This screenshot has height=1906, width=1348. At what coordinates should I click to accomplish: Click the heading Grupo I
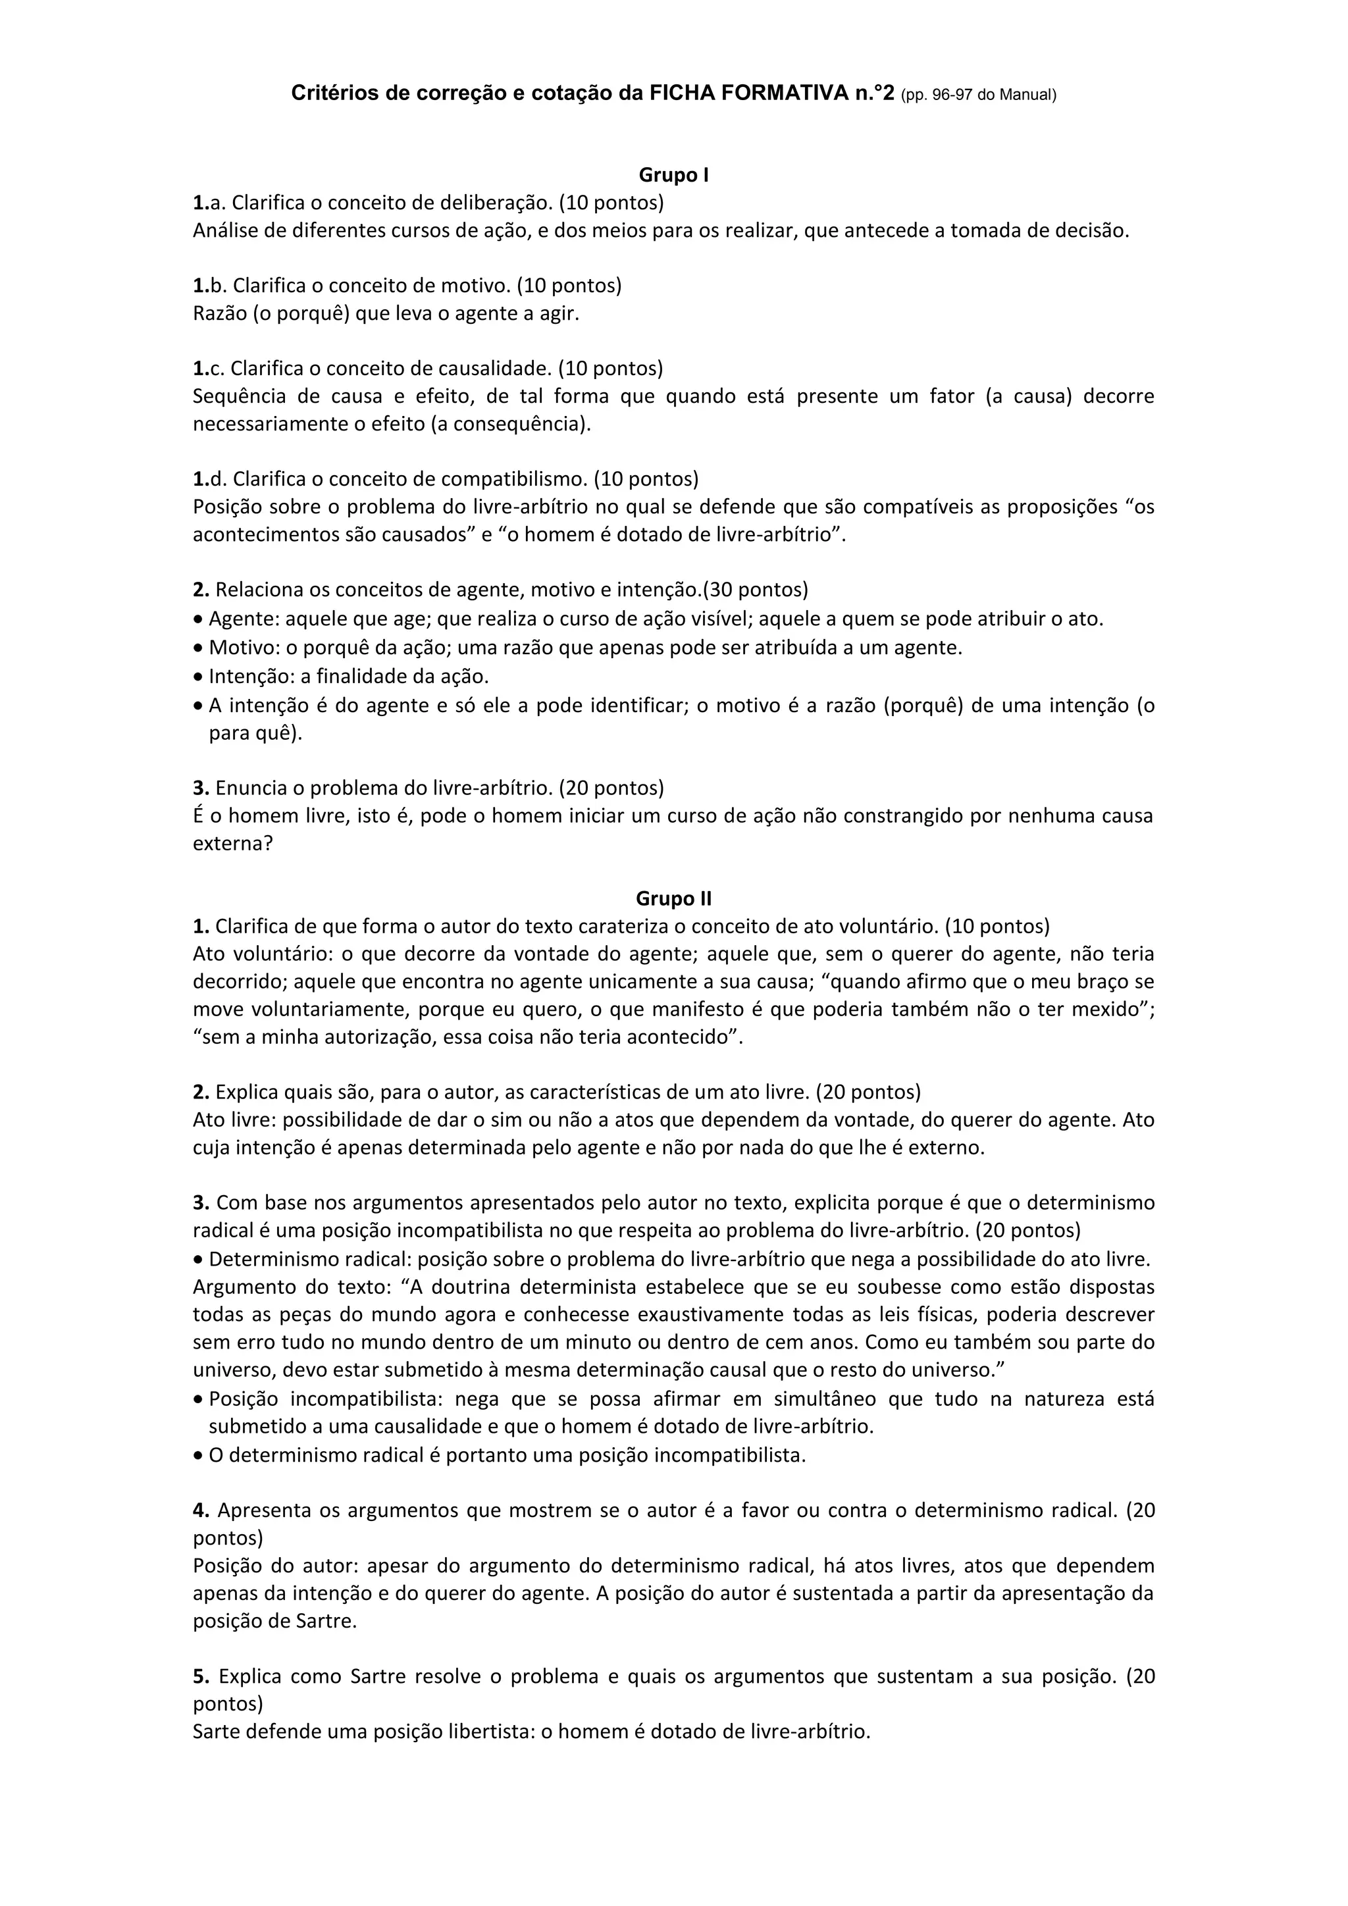pyautogui.click(x=673, y=175)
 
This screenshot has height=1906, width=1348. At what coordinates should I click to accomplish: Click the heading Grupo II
pyautogui.click(x=673, y=898)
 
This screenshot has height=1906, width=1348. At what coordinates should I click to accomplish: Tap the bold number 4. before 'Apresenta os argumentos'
pyautogui.click(x=201, y=1510)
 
